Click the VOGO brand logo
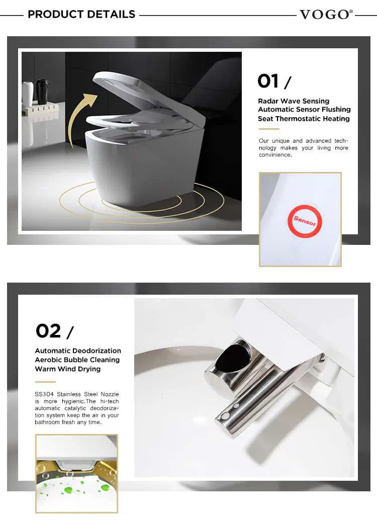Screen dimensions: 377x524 click(326, 15)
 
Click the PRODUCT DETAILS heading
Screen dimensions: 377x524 click(81, 15)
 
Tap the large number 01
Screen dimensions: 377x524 click(268, 81)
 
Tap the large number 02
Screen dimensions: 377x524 click(48, 331)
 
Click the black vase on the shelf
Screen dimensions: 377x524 click(42, 91)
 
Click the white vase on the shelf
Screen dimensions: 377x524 click(28, 94)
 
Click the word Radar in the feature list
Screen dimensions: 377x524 click(268, 101)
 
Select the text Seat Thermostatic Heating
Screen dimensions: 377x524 click(304, 119)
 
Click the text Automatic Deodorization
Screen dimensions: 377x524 click(78, 351)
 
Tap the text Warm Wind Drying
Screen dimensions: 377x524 click(67, 369)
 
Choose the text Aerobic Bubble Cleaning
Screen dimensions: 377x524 click(77, 360)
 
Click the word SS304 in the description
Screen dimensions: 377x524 click(44, 394)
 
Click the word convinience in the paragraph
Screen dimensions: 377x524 click(275, 155)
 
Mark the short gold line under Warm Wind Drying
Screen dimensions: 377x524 click(45, 382)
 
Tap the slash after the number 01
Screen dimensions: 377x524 click(288, 83)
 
